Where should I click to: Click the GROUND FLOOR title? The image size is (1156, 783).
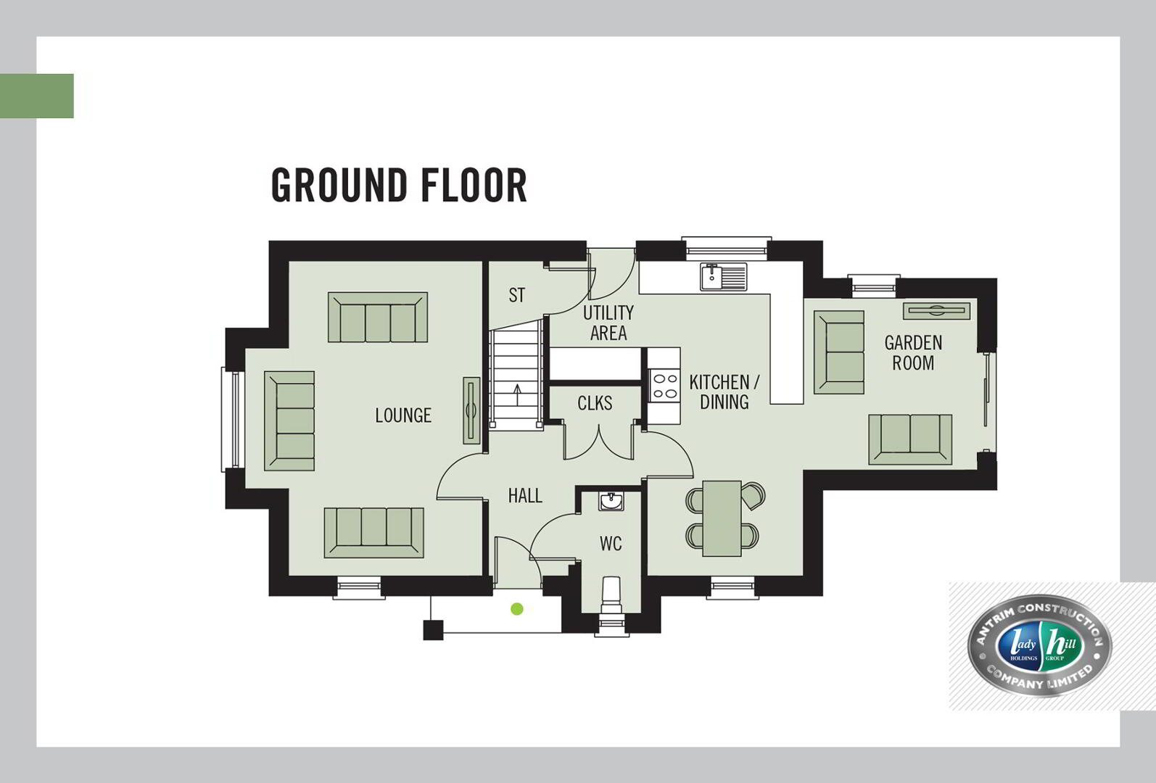[399, 185]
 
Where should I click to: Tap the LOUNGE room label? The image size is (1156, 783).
[403, 415]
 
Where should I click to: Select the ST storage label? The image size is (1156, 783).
[516, 295]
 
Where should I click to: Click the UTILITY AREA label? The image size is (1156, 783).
[608, 323]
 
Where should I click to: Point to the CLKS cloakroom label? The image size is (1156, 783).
[595, 403]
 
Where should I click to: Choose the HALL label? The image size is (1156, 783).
[525, 496]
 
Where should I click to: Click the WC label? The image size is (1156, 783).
[611, 543]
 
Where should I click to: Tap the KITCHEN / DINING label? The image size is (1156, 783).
[724, 392]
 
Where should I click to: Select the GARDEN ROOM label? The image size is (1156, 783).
[913, 353]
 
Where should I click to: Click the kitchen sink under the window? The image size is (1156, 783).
[724, 277]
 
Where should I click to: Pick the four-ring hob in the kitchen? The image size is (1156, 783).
[665, 386]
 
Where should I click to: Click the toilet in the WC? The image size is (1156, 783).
[611, 595]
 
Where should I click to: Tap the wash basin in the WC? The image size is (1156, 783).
[611, 501]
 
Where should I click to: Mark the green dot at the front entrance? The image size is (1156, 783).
[517, 609]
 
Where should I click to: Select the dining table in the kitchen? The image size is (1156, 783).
[722, 518]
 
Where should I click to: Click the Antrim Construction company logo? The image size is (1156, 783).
[1039, 646]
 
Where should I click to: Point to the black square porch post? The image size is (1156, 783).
[433, 630]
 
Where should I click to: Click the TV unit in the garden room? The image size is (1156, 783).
[936, 311]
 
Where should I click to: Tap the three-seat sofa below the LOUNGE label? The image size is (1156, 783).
[374, 533]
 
